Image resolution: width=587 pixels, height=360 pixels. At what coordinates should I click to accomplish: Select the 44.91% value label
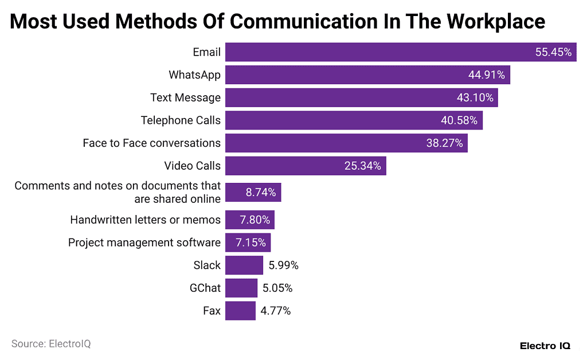(487, 75)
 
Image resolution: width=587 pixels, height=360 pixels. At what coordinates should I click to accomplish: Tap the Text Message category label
(185, 97)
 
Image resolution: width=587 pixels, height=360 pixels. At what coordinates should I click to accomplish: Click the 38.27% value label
(444, 143)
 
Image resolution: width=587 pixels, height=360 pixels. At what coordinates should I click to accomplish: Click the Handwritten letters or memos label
(145, 220)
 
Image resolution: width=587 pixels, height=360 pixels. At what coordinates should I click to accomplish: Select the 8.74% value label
(261, 193)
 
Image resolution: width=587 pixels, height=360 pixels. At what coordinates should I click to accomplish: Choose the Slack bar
(244, 265)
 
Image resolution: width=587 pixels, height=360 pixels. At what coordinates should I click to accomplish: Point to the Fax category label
(212, 311)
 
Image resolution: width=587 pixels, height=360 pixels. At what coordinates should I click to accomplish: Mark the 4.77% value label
(276, 311)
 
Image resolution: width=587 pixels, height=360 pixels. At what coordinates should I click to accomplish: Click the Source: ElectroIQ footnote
(51, 344)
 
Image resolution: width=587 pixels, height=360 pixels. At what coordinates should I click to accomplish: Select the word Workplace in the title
(495, 22)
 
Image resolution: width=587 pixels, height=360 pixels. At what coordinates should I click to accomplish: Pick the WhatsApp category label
(194, 75)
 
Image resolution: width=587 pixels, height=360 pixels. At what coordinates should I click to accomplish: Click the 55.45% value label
(553, 52)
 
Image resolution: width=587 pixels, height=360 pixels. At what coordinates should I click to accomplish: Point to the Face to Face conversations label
(151, 143)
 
